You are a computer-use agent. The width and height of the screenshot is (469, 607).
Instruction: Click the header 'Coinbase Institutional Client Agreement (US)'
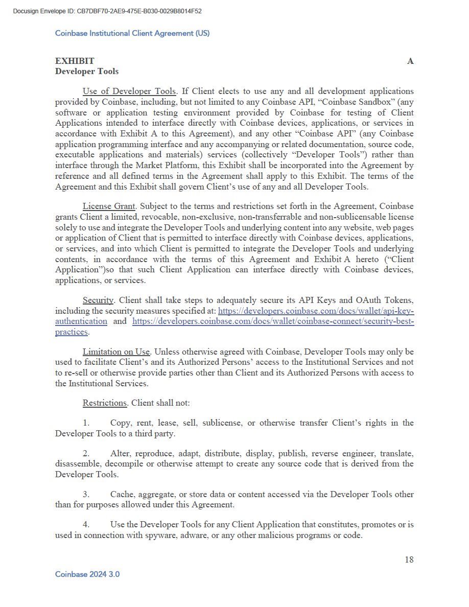[132, 33]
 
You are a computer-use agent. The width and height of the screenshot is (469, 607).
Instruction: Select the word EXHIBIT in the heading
[75, 61]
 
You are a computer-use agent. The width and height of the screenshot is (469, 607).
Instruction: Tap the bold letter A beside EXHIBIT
[410, 61]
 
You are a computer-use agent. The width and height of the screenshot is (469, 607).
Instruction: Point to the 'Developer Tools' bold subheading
[87, 72]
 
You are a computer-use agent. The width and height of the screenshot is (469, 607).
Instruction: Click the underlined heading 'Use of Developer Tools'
[129, 91]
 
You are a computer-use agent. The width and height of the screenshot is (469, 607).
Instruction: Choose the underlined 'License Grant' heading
[109, 206]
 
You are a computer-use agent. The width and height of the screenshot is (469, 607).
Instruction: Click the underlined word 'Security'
[98, 300]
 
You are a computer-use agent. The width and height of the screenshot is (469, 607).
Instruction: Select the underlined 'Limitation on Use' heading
[116, 352]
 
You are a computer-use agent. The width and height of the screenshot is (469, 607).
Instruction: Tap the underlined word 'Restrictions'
[105, 403]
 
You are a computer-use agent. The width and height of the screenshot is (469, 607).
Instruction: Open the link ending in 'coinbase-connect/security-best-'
[273, 321]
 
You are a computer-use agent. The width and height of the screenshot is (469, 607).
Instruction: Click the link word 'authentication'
[81, 321]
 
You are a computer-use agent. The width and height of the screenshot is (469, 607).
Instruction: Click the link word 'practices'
[71, 332]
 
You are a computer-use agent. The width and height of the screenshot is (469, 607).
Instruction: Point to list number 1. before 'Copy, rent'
[86, 423]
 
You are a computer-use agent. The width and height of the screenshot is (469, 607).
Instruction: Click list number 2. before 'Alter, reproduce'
[86, 453]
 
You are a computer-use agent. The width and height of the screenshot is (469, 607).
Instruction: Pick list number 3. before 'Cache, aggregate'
[86, 494]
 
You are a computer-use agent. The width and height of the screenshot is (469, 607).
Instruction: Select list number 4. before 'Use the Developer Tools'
[86, 524]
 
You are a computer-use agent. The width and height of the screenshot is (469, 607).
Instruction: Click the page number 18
[409, 559]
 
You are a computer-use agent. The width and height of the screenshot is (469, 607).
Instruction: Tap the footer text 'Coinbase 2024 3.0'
[87, 574]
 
